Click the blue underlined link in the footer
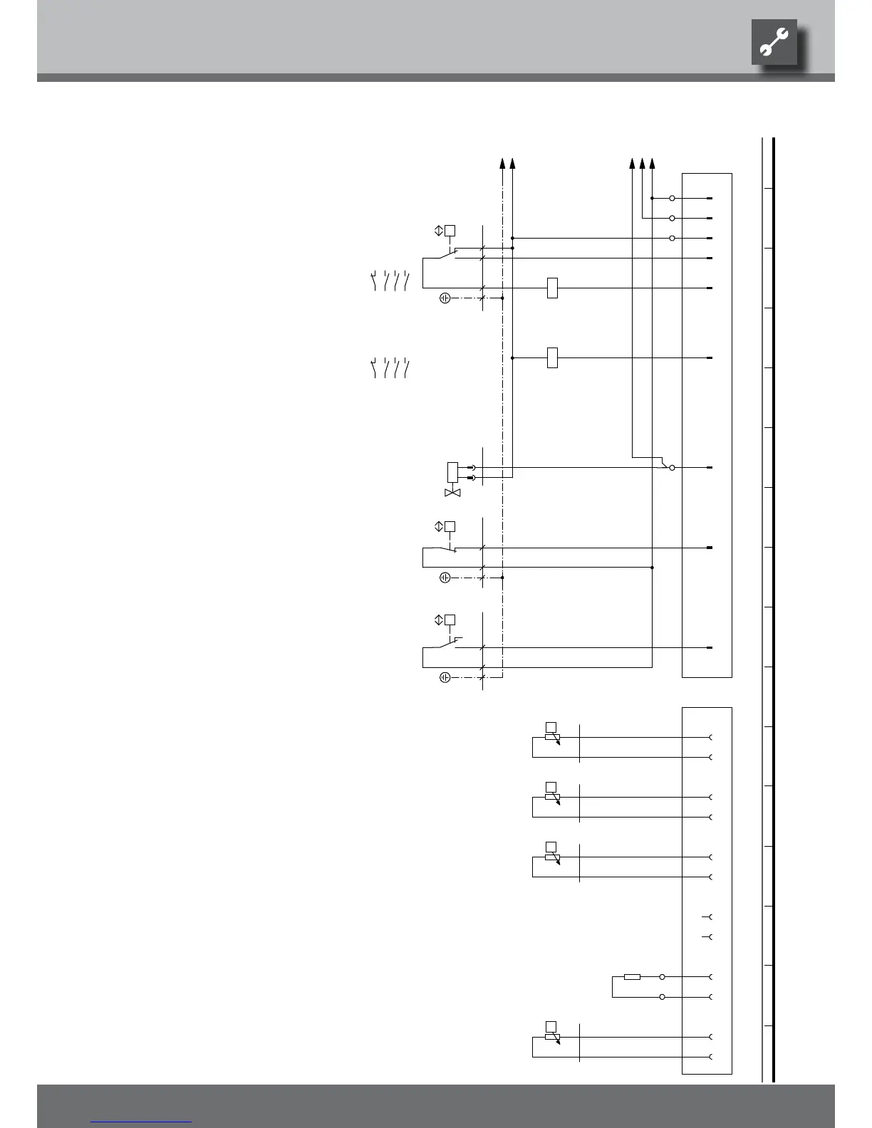click(141, 1122)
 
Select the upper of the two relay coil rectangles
click(552, 288)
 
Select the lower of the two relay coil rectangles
click(552, 357)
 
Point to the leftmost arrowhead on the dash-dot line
click(503, 163)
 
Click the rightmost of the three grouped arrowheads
click(653, 163)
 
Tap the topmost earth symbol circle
click(445, 298)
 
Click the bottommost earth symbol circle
click(445, 677)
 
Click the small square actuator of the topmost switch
click(450, 230)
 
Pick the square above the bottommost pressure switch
click(450, 620)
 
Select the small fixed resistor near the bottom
click(632, 976)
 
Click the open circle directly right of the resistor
click(663, 976)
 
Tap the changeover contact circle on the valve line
click(672, 468)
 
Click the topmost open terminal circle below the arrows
click(672, 198)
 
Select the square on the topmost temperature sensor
click(550, 726)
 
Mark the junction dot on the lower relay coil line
click(513, 357)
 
